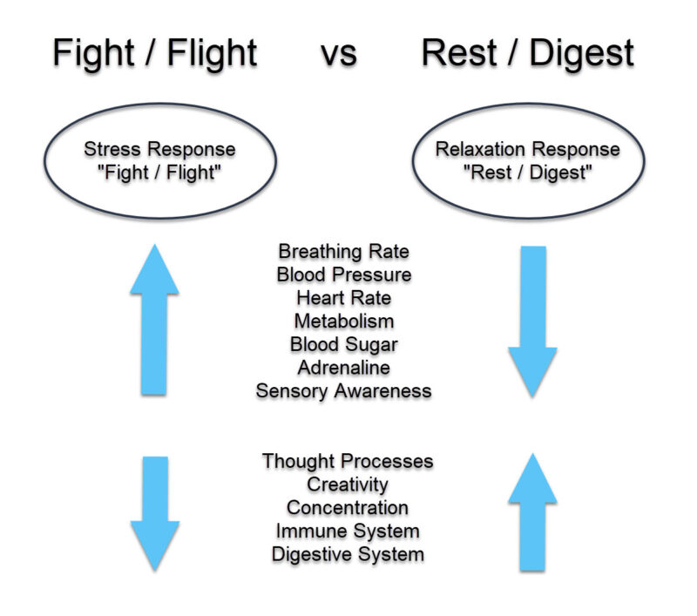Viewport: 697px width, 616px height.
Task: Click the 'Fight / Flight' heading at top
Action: pos(155,54)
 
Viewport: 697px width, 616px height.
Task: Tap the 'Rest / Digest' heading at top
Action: pos(527,54)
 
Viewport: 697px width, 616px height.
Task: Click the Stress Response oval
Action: pos(159,160)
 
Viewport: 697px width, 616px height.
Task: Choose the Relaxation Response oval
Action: pos(528,160)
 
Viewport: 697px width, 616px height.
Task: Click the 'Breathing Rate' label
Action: pos(343,252)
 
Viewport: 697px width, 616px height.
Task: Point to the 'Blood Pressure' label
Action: pos(343,274)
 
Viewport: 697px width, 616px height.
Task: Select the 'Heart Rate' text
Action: pos(343,298)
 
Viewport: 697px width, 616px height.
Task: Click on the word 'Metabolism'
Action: pos(343,322)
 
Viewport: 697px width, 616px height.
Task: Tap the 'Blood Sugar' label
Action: pos(343,344)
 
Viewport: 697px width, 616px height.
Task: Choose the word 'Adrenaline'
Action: pos(343,368)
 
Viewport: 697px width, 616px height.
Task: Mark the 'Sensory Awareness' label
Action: pos(343,391)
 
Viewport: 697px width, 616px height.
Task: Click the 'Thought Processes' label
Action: pos(348,461)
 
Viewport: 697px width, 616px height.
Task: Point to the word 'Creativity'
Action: pos(348,484)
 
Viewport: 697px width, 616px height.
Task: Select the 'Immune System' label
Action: pos(348,531)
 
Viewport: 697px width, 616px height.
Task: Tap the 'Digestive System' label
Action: pos(348,554)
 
